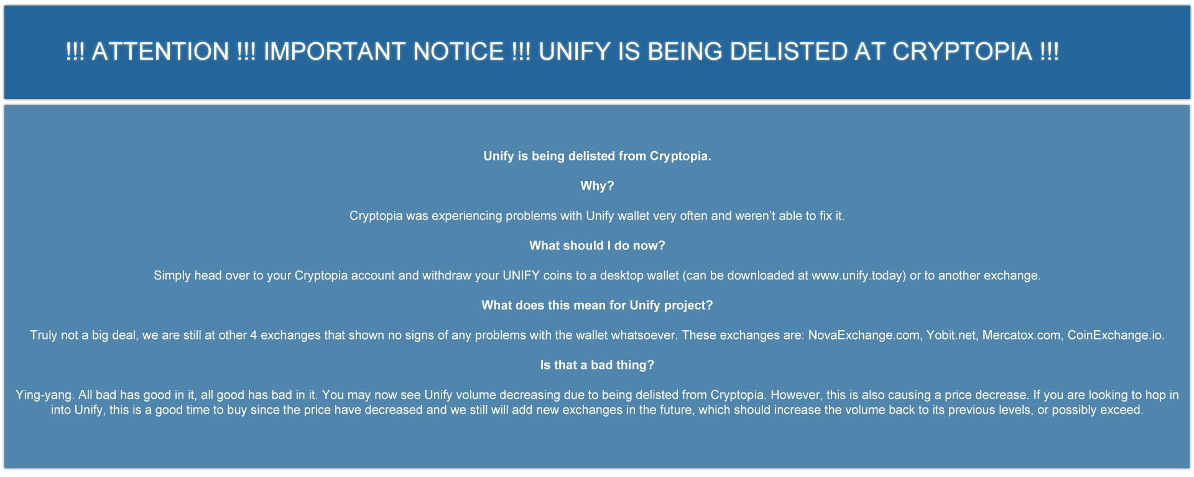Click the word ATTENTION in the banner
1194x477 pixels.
160,52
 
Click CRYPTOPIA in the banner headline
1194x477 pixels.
962,52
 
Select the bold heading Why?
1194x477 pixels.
597,186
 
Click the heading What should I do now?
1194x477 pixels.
597,246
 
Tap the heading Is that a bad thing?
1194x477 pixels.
597,365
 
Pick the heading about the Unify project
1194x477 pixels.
597,305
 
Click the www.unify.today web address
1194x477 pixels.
858,276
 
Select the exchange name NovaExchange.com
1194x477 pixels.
863,335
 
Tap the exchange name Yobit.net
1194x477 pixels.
951,335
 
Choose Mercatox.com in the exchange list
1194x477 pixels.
1022,335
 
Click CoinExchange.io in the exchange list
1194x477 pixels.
1115,335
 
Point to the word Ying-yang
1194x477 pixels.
45,395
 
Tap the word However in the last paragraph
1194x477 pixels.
796,395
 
